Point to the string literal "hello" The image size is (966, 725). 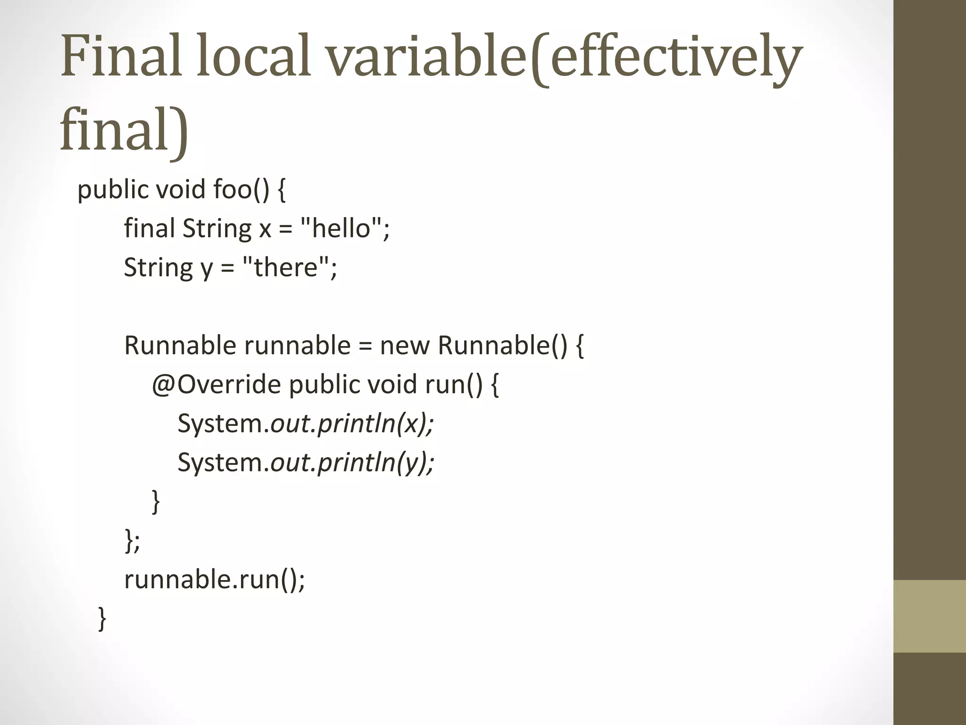pos(341,228)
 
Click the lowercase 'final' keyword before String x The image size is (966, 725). pos(150,228)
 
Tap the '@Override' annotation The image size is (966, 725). pos(217,384)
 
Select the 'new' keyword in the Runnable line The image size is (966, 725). pos(405,346)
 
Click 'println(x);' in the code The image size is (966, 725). pos(375,423)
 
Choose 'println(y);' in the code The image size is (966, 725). pos(375,462)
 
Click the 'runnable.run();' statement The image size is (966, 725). pos(215,579)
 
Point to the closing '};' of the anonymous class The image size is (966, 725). pos(132,540)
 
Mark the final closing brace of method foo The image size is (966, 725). pos(102,619)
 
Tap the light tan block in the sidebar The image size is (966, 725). pos(930,616)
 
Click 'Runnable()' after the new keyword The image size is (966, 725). pos(503,346)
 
